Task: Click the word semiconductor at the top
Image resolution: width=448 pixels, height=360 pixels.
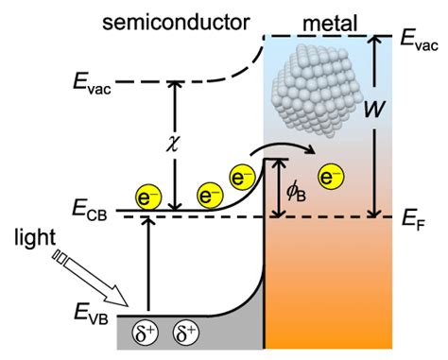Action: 171,16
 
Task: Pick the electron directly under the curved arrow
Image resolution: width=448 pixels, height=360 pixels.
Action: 243,177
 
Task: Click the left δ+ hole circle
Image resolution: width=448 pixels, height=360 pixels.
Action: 144,334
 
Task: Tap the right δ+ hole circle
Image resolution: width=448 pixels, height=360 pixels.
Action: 185,334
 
